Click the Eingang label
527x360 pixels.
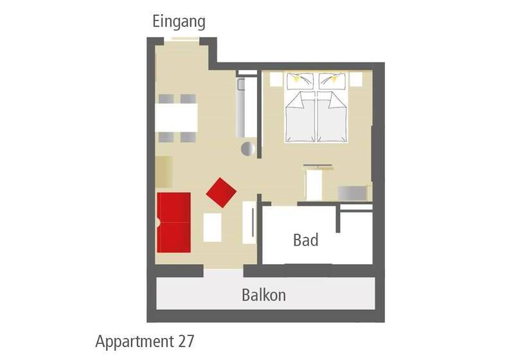click(179, 22)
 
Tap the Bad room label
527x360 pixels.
click(305, 240)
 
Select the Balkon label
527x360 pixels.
click(264, 295)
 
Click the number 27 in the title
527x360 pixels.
click(186, 341)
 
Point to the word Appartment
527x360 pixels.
click(134, 342)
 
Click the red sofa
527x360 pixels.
click(174, 222)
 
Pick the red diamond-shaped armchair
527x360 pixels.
click(221, 192)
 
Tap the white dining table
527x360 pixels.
click(176, 118)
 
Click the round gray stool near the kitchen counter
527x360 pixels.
click(248, 149)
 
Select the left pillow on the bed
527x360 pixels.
click(299, 82)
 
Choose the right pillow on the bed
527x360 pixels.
click(332, 82)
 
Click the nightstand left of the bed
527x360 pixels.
click(276, 79)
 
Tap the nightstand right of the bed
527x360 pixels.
click(356, 79)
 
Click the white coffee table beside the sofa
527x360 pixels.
click(213, 227)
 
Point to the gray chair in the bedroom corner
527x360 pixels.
click(352, 194)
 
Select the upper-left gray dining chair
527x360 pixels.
click(166, 99)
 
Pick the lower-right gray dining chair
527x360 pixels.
click(188, 137)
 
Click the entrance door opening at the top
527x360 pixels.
click(181, 39)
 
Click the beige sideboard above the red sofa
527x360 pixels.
click(165, 172)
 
